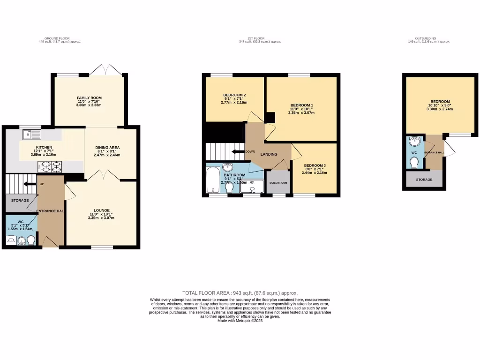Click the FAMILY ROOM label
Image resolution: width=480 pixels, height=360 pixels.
click(89, 98)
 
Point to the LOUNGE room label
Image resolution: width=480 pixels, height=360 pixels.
click(101, 210)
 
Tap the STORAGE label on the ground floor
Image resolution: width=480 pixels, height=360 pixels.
click(20, 201)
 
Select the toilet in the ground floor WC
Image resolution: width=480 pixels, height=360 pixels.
click(31, 240)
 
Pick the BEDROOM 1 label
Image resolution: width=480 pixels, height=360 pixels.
click(301, 105)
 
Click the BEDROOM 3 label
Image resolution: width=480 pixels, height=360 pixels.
click(314, 165)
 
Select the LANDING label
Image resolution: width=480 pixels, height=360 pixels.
click(269, 154)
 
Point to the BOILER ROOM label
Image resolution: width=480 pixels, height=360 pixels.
click(278, 183)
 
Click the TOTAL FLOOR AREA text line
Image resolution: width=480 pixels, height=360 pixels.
click(240, 293)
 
